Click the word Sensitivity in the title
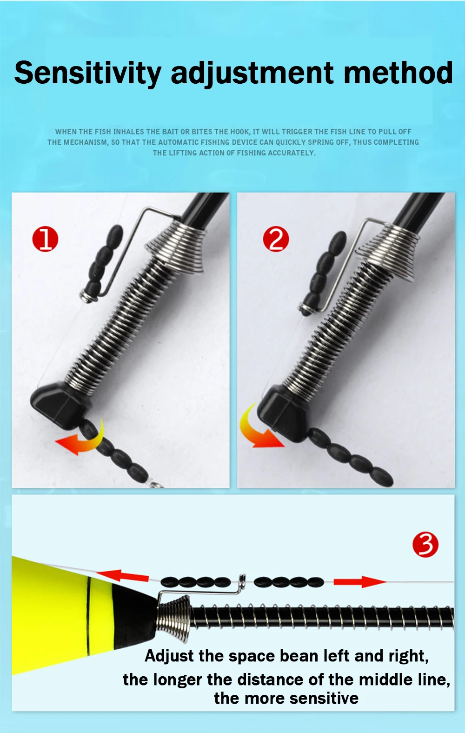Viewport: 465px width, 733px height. (88, 73)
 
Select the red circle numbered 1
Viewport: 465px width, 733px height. (45, 240)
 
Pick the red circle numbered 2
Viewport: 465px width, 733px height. (276, 239)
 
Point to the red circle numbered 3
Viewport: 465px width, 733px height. (425, 545)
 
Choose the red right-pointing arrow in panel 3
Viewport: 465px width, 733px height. (360, 581)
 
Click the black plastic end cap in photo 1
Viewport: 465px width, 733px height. (60, 406)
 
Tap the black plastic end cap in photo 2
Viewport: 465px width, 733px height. (284, 413)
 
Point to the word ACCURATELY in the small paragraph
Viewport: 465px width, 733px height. (292, 153)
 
